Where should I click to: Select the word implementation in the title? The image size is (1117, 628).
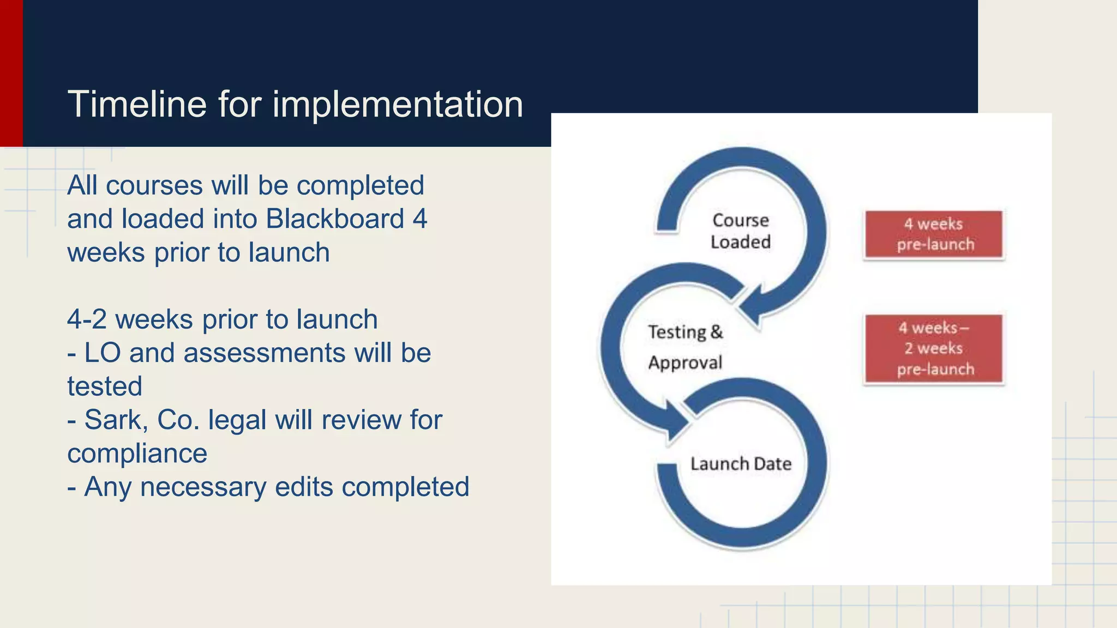pos(398,105)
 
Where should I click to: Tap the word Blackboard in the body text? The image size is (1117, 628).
pos(335,219)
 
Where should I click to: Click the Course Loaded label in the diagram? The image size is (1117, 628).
pos(740,231)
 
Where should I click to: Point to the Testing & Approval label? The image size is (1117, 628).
pos(685,347)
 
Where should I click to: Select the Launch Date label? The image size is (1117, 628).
pos(741,464)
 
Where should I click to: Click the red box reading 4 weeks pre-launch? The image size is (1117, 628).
pos(934,234)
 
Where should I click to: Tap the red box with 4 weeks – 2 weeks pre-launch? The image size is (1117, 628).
pos(934,349)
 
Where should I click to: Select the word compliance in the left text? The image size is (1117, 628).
pos(137,454)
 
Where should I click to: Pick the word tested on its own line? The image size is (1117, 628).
pos(105,387)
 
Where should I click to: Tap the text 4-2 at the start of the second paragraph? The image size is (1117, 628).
pos(87,319)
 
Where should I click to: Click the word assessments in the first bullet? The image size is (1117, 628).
pos(265,353)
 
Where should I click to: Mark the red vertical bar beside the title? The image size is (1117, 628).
pos(11,73)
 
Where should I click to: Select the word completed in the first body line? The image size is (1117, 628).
pos(360,186)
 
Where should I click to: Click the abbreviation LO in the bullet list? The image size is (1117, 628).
pos(102,353)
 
